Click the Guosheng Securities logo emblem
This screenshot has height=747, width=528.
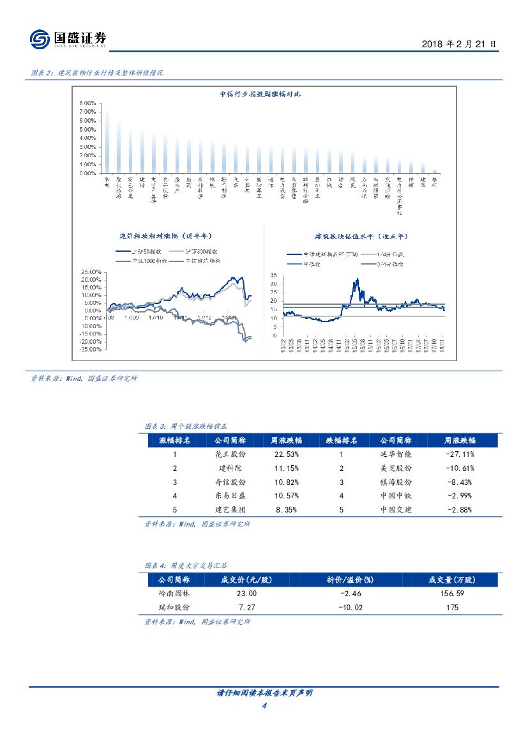point(40,40)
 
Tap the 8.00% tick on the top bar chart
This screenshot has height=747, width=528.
point(87,103)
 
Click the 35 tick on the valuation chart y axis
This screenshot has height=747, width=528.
point(273,275)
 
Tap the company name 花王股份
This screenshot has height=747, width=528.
point(230,454)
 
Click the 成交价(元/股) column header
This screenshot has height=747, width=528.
point(246,580)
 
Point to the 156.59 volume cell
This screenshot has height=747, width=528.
point(452,594)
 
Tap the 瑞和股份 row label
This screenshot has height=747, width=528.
point(174,608)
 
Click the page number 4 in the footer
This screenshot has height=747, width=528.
point(264,705)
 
